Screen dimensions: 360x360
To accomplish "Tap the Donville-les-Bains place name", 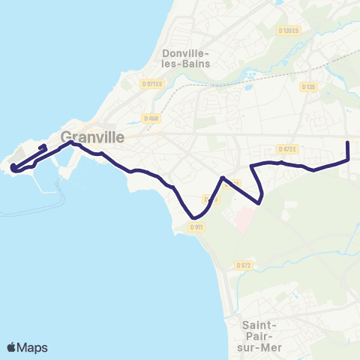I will point(187,58).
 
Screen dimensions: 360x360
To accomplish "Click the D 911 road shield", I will point(197,226).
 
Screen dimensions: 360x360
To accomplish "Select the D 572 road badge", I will point(242,265).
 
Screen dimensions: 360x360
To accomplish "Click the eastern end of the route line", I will point(348,142).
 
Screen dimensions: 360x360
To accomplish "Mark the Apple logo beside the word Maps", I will point(12,347).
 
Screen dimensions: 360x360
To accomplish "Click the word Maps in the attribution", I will point(33,347).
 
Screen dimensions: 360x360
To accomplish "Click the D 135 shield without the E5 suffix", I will point(307,87).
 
